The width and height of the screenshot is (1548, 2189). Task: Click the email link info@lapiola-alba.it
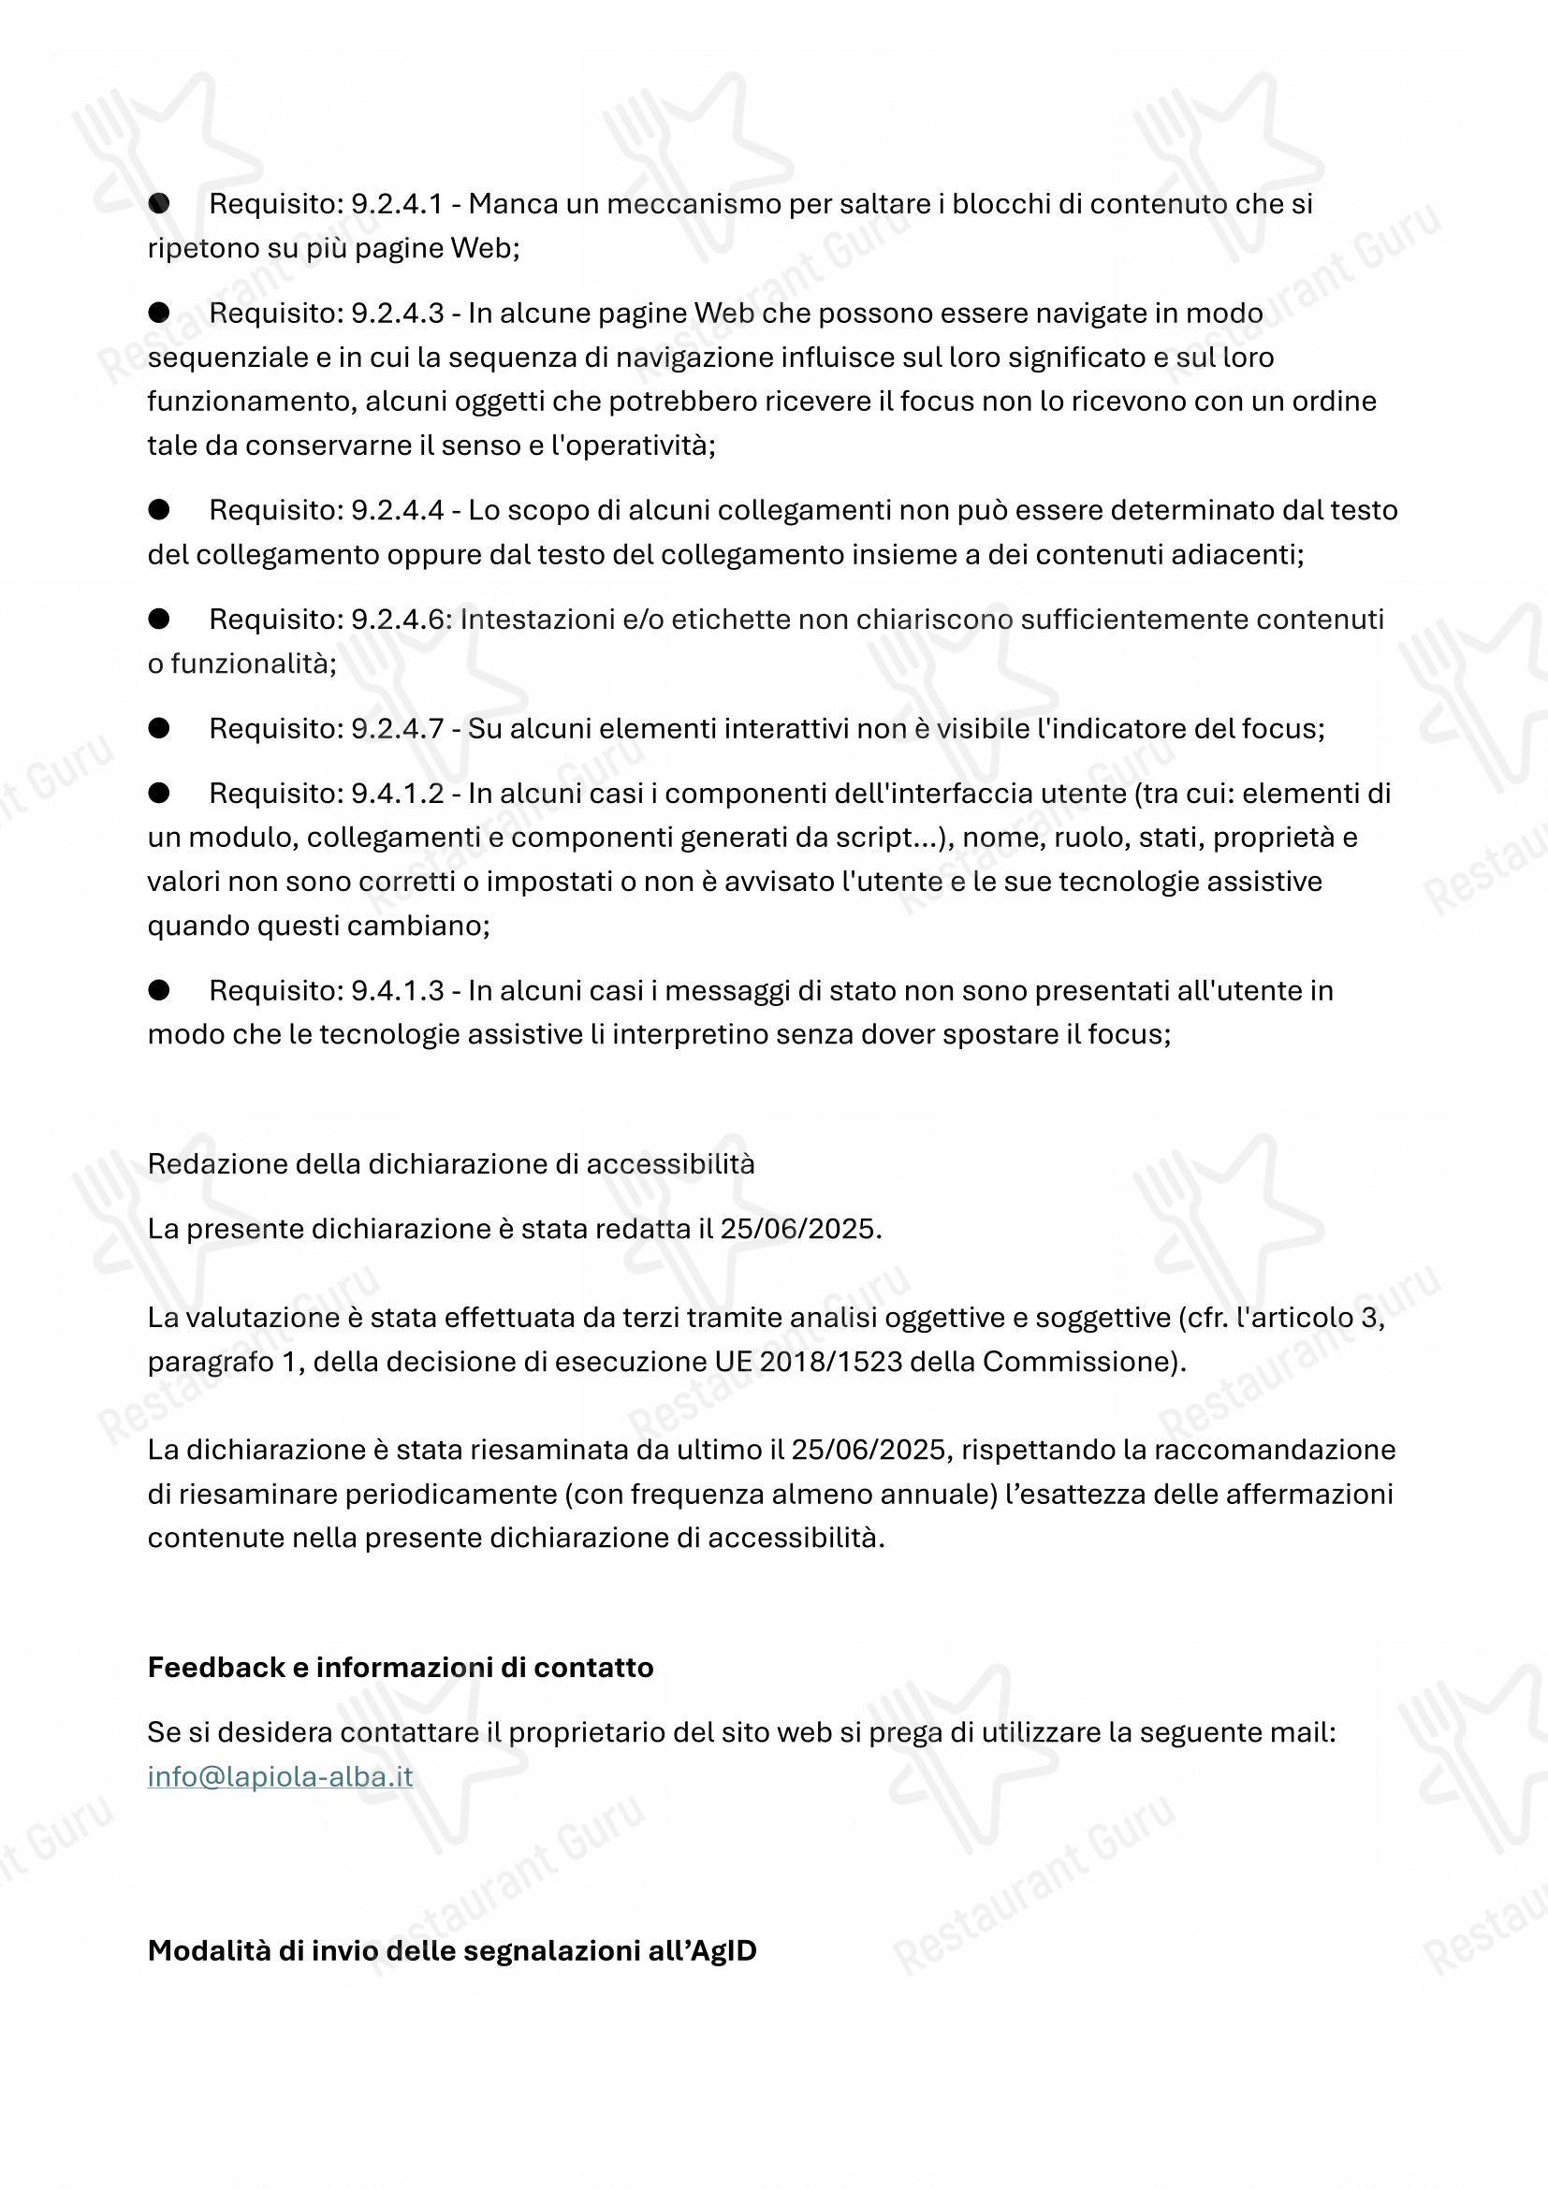pyautogui.click(x=280, y=1776)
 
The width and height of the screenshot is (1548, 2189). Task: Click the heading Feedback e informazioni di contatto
pyautogui.click(x=401, y=1667)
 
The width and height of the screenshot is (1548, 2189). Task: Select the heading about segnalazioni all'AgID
pyautogui.click(x=452, y=1950)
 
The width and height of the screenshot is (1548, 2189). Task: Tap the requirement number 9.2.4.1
pyautogui.click(x=398, y=203)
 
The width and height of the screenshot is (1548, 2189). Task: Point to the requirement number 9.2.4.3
pyautogui.click(x=398, y=313)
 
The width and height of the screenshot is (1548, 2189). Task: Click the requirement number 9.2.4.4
pyautogui.click(x=398, y=510)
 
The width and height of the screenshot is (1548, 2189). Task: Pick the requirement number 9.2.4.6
pyautogui.click(x=398, y=620)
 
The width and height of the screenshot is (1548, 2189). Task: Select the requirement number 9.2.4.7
pyautogui.click(x=398, y=728)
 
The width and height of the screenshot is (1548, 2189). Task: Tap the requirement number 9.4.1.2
pyautogui.click(x=398, y=794)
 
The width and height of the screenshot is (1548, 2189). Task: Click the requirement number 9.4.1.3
pyautogui.click(x=398, y=990)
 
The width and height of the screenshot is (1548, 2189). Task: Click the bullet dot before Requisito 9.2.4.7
pyautogui.click(x=159, y=728)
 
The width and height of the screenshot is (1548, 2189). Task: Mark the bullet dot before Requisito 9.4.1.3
pyautogui.click(x=159, y=990)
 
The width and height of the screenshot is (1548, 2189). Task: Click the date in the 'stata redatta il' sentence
pyautogui.click(x=798, y=1228)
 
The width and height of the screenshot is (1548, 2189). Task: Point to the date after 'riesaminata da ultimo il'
pyautogui.click(x=871, y=1449)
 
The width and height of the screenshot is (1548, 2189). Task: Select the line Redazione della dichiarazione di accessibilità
pyautogui.click(x=451, y=1163)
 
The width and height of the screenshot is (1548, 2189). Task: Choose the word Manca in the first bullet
pyautogui.click(x=506, y=203)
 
